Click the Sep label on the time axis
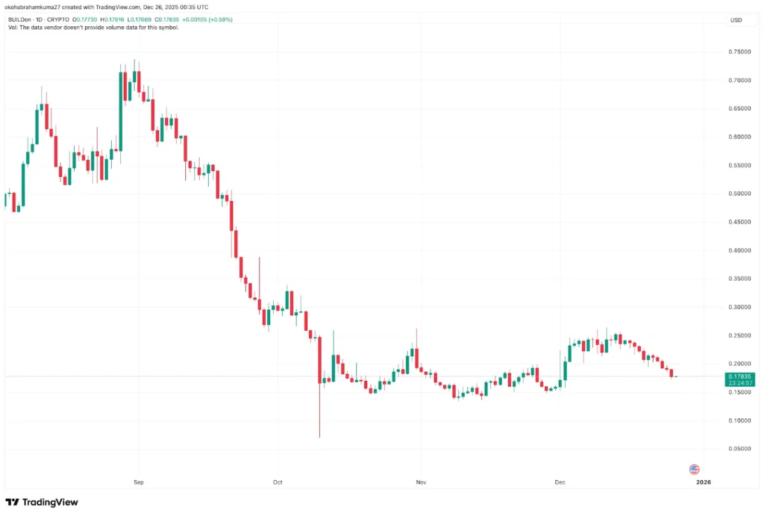click(138, 483)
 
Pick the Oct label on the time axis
click(278, 483)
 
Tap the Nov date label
click(421, 483)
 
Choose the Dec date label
click(560, 483)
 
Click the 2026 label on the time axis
click(703, 483)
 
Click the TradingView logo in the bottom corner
click(42, 502)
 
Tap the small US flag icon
click(694, 469)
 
